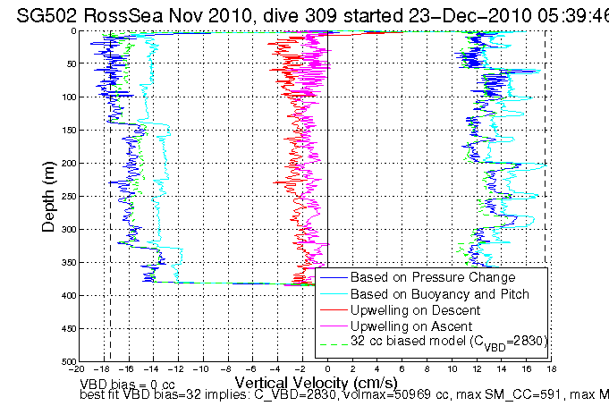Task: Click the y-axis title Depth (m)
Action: pyautogui.click(x=48, y=196)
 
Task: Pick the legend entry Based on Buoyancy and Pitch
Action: pyautogui.click(x=427, y=293)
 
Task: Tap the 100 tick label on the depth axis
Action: pyautogui.click(x=66, y=97)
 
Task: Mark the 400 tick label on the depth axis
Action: pyautogui.click(x=66, y=296)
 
